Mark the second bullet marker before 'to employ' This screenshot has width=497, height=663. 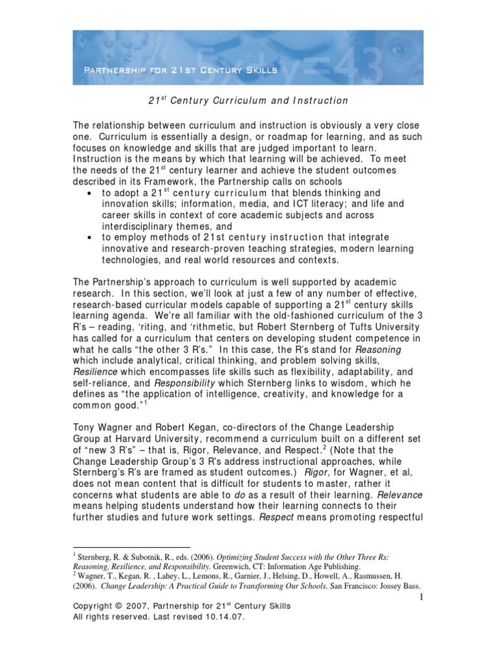88,237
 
